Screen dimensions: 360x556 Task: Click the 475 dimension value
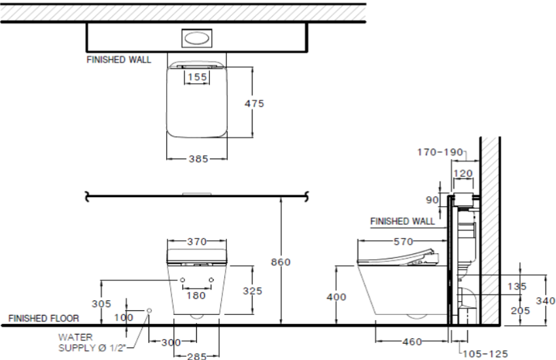(x=255, y=103)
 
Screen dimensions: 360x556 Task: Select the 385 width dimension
(x=197, y=158)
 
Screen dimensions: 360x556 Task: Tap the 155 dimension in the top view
(x=197, y=77)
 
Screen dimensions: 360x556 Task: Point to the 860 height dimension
(x=280, y=262)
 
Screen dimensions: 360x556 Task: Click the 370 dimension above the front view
(x=197, y=242)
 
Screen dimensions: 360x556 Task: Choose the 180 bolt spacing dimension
(x=197, y=295)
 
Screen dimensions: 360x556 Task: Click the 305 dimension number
(x=101, y=304)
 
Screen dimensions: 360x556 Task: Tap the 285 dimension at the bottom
(x=197, y=355)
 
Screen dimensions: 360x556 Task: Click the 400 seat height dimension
(x=336, y=297)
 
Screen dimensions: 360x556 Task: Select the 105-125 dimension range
(x=485, y=353)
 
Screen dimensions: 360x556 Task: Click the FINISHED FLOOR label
(x=43, y=319)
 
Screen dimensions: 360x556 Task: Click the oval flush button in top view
(x=197, y=38)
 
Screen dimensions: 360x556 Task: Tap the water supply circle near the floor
(x=150, y=310)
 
